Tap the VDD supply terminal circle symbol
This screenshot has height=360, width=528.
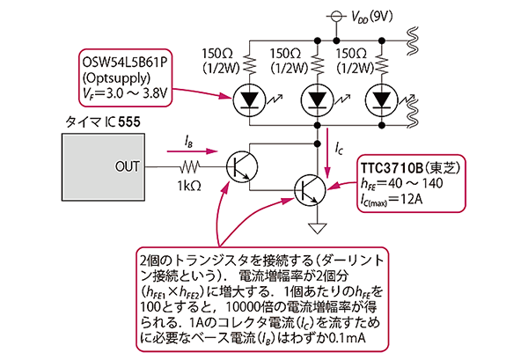pos(338,17)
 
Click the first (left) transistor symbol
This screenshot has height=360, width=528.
pos(240,165)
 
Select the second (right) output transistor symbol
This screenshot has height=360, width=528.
pos(309,187)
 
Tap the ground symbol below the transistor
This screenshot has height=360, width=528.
pos(316,231)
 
